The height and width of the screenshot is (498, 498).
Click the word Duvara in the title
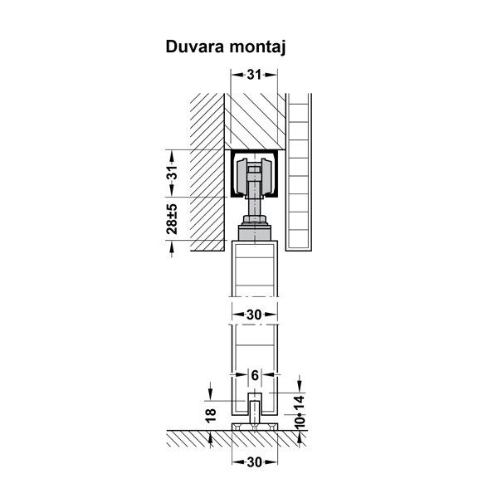[x=195, y=46]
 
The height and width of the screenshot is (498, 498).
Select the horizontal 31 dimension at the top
[x=254, y=75]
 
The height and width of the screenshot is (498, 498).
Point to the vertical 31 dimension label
[x=172, y=173]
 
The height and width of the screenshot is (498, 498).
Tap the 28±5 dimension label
[x=172, y=219]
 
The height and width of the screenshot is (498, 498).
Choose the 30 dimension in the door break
[x=254, y=315]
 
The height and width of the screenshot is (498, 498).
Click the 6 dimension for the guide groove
[x=255, y=375]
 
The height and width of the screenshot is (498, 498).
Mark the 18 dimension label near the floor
[x=211, y=416]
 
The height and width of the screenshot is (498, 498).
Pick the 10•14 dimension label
[x=300, y=413]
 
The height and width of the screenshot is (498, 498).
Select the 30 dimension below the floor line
[x=254, y=462]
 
